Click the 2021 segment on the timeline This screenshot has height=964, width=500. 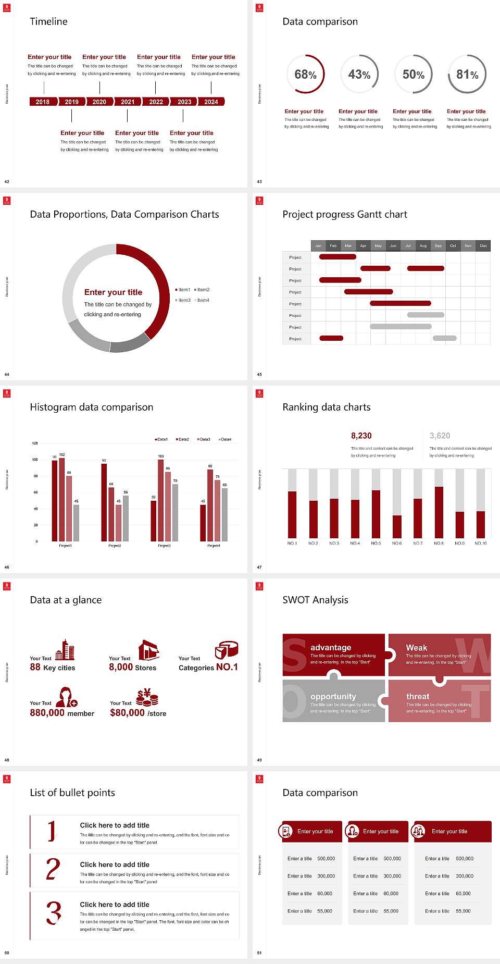(128, 102)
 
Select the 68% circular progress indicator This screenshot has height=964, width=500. (305, 75)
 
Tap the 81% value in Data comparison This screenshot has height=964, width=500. (467, 75)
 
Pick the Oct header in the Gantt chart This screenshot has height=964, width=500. (453, 245)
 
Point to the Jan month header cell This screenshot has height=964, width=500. (318, 245)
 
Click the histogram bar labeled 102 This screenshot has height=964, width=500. (62, 498)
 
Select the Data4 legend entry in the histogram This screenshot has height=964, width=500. (225, 439)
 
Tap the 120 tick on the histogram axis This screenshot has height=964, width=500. (35, 443)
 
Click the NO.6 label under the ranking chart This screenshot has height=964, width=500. (397, 543)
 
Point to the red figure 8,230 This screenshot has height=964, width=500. (361, 436)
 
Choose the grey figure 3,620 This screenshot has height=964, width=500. (440, 436)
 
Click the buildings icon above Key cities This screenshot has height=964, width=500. (65, 650)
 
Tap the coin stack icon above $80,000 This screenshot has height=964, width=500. (147, 697)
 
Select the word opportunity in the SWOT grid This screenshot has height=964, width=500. (333, 696)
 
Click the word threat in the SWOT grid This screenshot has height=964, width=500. (418, 696)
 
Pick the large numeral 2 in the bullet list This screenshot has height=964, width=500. (53, 869)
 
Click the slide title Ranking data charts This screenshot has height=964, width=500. (327, 407)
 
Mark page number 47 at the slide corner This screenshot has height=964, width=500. (259, 567)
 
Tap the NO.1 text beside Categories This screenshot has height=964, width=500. (227, 667)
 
